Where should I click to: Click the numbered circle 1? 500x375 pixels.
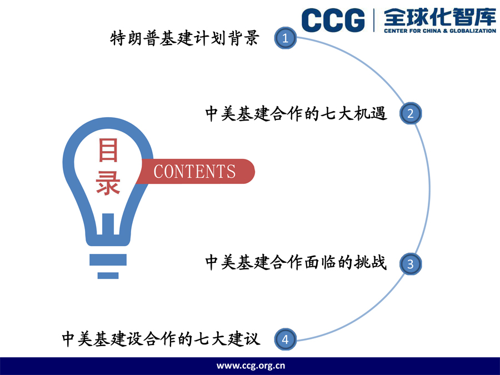click(286, 38)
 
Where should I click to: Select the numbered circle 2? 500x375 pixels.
click(411, 113)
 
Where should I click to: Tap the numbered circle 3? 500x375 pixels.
click(411, 264)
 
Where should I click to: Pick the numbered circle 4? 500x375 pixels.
click(286, 339)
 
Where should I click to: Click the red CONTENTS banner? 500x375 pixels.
click(196, 171)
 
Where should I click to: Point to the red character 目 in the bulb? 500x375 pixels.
click(108, 150)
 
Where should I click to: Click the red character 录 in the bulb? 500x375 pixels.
click(108, 183)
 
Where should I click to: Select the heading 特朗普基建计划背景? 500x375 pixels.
click(184, 38)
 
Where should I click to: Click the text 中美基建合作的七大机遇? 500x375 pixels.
click(296, 113)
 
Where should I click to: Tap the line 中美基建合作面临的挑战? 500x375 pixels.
click(296, 262)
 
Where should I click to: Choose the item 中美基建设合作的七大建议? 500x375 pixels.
click(161, 339)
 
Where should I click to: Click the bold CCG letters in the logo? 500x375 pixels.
click(333, 20)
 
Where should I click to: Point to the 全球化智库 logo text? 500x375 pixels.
click(440, 17)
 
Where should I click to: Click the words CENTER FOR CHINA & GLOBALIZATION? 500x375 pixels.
click(440, 31)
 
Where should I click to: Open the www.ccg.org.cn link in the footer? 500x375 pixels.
click(251, 366)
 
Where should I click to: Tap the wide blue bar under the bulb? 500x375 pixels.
click(108, 259)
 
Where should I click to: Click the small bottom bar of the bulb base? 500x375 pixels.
click(108, 276)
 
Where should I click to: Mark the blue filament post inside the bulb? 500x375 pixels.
click(108, 224)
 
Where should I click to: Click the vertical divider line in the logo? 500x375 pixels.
click(374, 21)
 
